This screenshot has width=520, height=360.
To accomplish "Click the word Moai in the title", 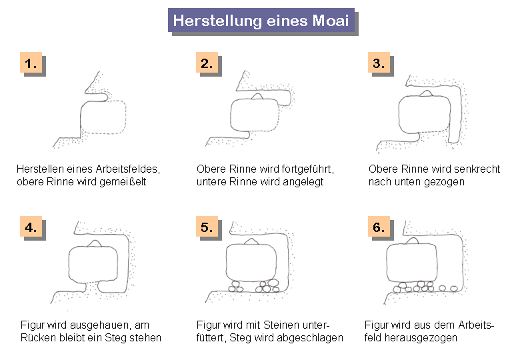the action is pos(331,21).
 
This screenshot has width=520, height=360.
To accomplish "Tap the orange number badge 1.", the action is pos(31,62).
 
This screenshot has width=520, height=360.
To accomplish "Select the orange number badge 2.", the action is pos(207,62).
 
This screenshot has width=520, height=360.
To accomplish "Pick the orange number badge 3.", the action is pos(379,62).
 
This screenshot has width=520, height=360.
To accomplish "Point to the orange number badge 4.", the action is pos(31,227).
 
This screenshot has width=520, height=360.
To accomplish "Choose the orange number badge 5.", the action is pos(207,227).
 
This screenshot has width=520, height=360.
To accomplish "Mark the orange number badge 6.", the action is pos(379,227).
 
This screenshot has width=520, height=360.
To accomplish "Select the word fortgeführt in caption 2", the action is pos(308,169).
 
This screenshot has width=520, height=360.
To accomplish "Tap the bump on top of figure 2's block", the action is pos(257,97).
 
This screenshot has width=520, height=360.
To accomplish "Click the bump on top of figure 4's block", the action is pos(95,243).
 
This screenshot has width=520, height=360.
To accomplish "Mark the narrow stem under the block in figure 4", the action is pos(92,287).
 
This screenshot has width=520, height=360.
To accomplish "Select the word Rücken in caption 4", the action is pos(39,338).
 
